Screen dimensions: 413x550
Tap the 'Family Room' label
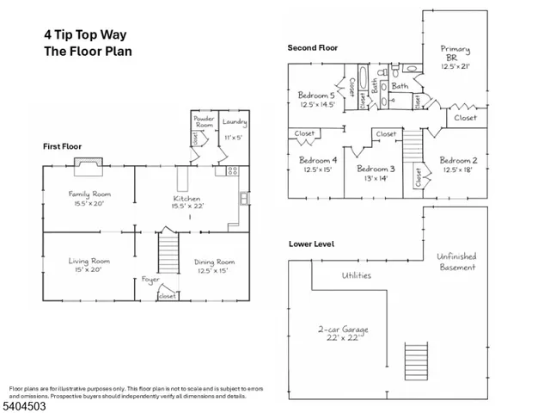coord(90,194)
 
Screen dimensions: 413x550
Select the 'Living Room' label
coord(89,261)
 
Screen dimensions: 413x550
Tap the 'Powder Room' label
coord(204,121)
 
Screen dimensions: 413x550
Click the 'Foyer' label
coord(151,280)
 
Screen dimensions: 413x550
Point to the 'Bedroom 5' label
coord(317,95)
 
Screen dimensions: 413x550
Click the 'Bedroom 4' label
coord(317,160)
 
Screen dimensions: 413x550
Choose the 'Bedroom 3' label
coord(375,169)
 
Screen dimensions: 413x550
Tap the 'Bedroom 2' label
coord(459,160)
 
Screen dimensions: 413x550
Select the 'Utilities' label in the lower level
coord(356,275)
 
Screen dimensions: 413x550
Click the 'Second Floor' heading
coord(312,49)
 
